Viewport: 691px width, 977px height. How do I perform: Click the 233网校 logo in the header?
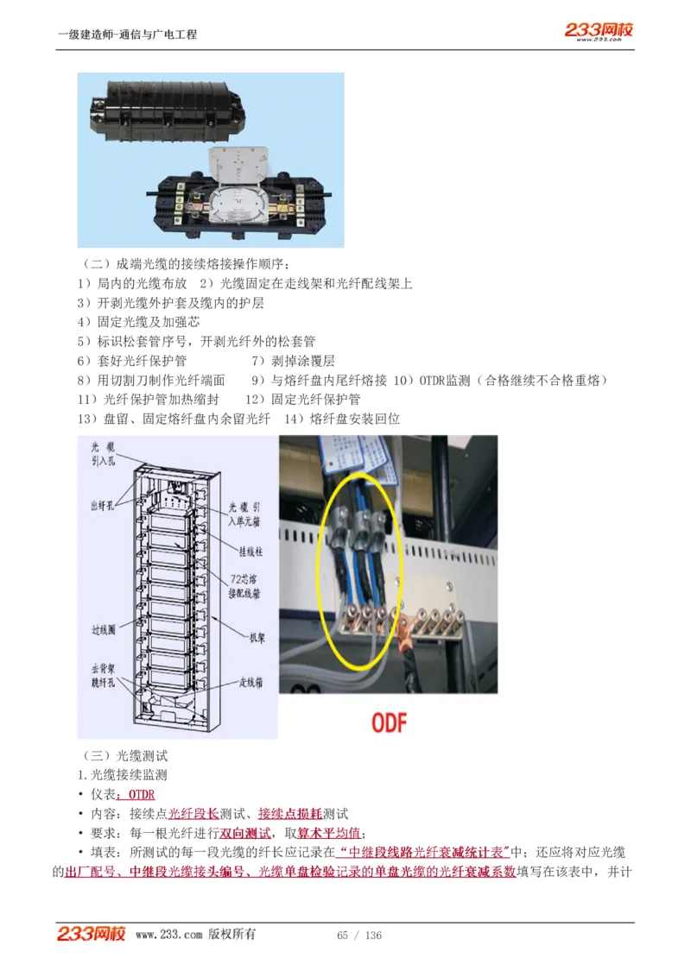click(599, 31)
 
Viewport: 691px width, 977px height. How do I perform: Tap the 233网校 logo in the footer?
click(92, 934)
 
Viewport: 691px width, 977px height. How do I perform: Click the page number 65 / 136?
click(359, 936)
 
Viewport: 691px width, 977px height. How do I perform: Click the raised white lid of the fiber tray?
click(237, 163)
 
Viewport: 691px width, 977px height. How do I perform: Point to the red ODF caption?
click(389, 722)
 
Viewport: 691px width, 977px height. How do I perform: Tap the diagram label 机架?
click(260, 638)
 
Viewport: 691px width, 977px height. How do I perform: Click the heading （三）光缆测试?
click(125, 756)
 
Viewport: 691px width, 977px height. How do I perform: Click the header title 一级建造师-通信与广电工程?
click(127, 35)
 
